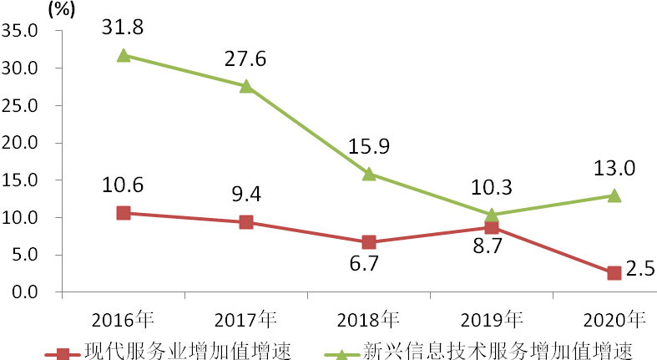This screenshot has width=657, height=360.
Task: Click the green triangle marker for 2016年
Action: point(124,55)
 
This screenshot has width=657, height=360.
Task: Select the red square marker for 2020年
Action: point(614,273)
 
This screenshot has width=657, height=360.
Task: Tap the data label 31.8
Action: point(123,27)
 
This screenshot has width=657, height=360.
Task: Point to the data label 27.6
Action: point(245,59)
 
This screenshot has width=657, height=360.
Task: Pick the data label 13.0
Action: point(615,169)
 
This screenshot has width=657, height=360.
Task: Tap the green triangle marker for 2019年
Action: point(492,215)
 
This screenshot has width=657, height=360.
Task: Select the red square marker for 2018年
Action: point(369,242)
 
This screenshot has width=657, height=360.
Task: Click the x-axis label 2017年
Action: point(245,319)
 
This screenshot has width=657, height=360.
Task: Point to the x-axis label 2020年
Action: point(614,319)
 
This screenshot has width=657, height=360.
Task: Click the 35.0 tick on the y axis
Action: point(22,31)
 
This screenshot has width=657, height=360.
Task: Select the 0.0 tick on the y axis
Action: point(26,292)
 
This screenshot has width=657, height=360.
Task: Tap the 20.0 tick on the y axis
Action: point(22,143)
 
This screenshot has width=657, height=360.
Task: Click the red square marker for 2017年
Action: point(246,222)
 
